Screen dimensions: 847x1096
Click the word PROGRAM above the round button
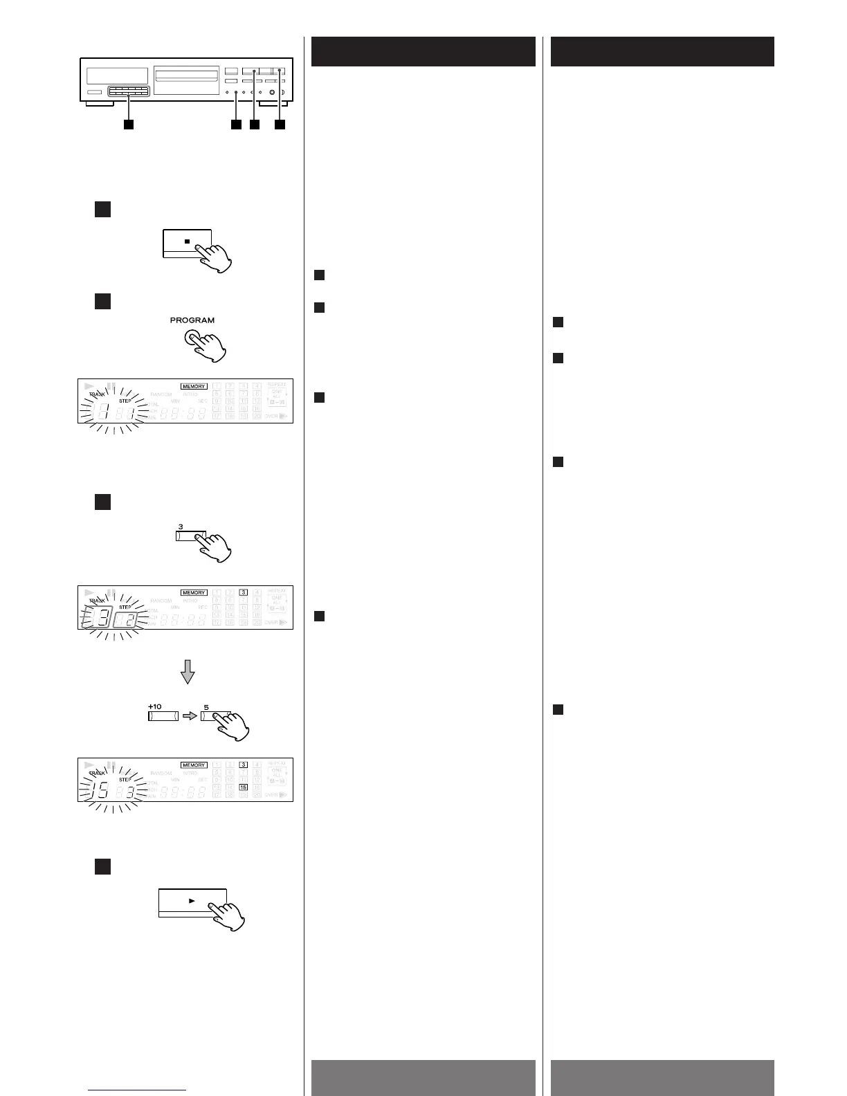click(192, 320)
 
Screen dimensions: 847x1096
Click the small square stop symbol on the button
click(187, 242)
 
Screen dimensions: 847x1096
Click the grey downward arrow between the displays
click(187, 672)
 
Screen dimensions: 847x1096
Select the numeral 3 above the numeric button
click(181, 527)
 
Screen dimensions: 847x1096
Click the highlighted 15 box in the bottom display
click(244, 787)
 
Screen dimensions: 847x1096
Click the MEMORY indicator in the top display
click(194, 386)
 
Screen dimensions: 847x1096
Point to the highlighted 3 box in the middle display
click(244, 592)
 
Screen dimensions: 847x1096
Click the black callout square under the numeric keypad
click(128, 125)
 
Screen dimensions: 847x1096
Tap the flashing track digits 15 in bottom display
click(100, 790)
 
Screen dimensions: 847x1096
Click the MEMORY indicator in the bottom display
click(194, 765)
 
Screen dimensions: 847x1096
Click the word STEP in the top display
click(125, 401)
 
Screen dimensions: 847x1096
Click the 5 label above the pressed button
click(206, 707)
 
